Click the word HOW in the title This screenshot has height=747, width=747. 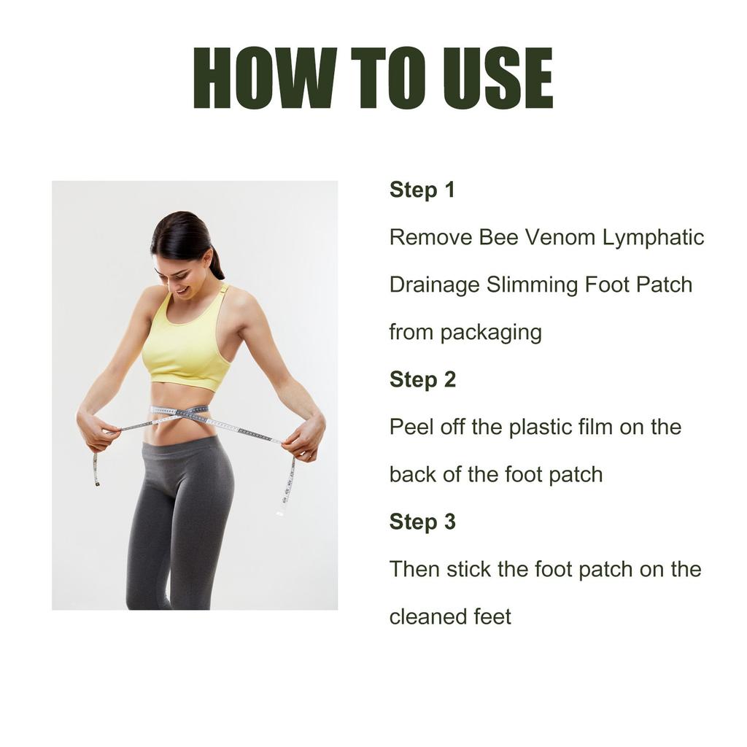point(266,78)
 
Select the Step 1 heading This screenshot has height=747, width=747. point(422,190)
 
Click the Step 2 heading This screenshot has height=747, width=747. point(422,379)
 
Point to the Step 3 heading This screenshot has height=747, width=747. point(422,522)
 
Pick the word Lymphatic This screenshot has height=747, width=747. point(653,238)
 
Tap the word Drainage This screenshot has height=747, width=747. point(435,285)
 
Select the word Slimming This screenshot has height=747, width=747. point(532,285)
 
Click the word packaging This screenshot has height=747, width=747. point(491,333)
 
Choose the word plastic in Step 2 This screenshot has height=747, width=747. point(540,427)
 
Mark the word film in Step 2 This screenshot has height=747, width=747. point(595,427)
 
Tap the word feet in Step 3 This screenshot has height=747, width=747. point(492,616)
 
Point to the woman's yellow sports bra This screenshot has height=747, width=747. point(187,339)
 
